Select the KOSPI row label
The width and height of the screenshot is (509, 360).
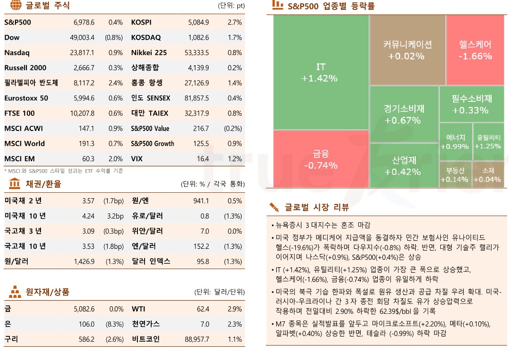[141, 22]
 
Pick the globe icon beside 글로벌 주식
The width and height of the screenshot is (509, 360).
[16, 6]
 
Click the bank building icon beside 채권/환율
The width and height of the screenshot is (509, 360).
[15, 183]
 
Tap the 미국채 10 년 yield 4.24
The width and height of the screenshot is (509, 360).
[88, 216]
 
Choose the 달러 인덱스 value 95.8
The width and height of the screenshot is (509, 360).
[203, 261]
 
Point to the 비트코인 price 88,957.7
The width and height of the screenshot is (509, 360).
[198, 339]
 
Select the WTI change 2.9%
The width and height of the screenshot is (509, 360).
[234, 309]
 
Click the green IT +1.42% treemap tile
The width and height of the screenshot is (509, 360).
[321, 73]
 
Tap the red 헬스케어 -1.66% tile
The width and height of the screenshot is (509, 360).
[475, 50]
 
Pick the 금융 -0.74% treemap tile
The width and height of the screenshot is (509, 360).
[321, 159]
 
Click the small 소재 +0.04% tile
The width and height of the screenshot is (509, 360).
[488, 175]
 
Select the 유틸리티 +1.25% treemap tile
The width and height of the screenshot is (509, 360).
[488, 142]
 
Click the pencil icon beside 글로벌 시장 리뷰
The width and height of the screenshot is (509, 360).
[274, 206]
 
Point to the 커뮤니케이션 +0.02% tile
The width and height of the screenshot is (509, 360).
[407, 50]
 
